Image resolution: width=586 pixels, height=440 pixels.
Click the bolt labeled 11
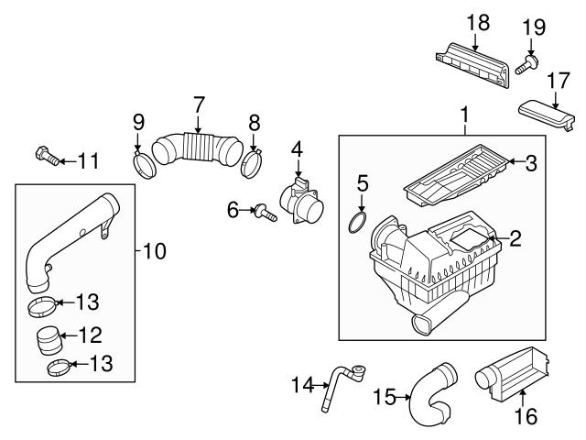click(x=47, y=156)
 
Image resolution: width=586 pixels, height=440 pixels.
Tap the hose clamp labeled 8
click(x=251, y=163)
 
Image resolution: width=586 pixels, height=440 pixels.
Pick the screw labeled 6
click(x=266, y=213)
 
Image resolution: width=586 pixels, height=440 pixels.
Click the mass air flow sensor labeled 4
click(x=302, y=202)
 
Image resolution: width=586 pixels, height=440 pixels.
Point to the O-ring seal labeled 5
click(x=357, y=222)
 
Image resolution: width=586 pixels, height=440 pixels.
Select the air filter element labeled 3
click(x=456, y=174)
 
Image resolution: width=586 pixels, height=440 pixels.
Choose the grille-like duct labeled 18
click(x=472, y=66)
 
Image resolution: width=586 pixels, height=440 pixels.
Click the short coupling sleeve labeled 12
click(x=49, y=340)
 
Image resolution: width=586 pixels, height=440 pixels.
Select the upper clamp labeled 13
click(x=43, y=306)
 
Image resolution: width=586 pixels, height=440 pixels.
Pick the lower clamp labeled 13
click(x=59, y=368)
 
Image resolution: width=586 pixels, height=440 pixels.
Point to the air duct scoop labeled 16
click(x=513, y=374)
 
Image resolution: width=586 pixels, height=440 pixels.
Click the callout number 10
click(x=155, y=251)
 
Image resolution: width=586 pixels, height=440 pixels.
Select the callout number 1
click(x=465, y=115)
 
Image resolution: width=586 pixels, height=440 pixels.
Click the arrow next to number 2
click(x=496, y=238)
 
